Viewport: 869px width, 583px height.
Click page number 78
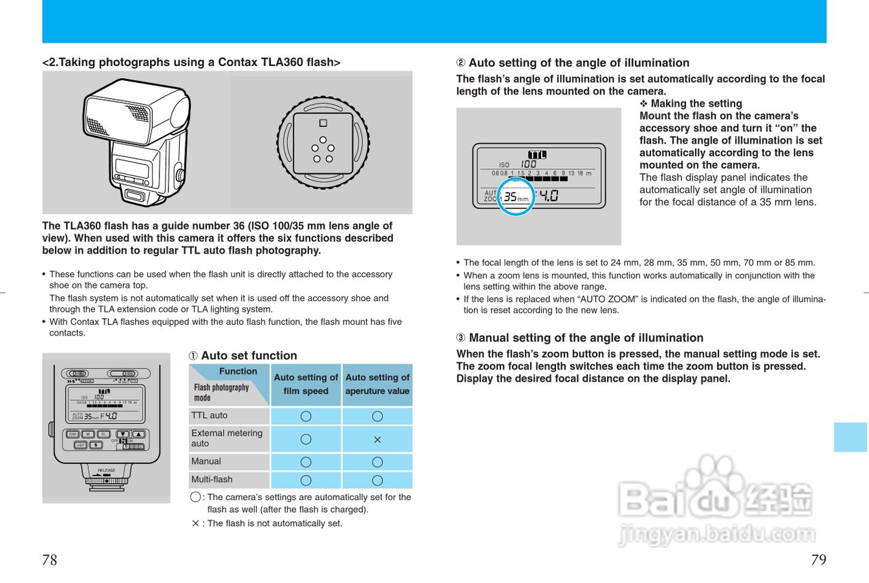click(50, 561)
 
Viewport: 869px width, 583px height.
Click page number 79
click(818, 561)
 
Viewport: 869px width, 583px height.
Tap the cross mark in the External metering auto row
click(377, 440)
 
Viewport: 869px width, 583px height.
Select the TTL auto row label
click(210, 415)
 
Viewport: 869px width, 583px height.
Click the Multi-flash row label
click(212, 479)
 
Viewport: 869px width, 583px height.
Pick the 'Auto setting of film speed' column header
click(306, 385)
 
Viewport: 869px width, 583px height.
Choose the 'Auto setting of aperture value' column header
click(377, 385)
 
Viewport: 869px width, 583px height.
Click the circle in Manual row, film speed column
click(306, 462)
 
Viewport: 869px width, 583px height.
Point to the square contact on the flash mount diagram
click(323, 124)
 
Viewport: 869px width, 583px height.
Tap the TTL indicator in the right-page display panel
click(537, 155)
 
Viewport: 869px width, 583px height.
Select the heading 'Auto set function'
click(248, 355)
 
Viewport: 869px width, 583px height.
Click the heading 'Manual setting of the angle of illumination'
click(586, 338)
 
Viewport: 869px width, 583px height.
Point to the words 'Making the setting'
click(696, 103)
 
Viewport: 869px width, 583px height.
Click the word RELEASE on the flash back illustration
click(107, 470)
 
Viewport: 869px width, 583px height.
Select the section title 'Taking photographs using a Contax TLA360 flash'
click(191, 63)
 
